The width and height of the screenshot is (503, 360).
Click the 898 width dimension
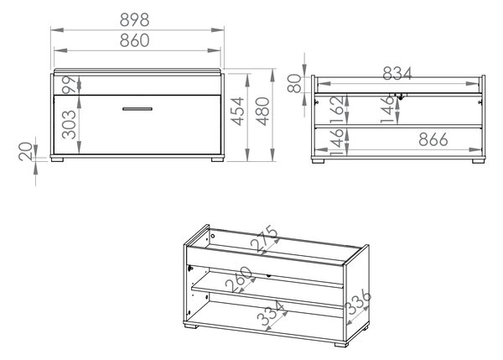click(x=134, y=20)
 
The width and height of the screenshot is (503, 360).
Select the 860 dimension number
click(x=134, y=40)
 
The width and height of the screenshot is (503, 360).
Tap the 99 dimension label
click(x=70, y=85)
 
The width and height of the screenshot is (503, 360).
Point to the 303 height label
click(x=69, y=124)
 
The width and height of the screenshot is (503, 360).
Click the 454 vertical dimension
click(x=238, y=111)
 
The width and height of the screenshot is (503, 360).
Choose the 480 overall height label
click(x=262, y=111)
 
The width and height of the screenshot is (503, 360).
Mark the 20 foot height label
click(x=26, y=152)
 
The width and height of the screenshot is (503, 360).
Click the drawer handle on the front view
click(x=137, y=109)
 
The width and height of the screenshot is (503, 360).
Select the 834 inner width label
click(x=397, y=74)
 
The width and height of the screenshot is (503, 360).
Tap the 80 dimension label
click(x=294, y=84)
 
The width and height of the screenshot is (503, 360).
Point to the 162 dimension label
click(x=336, y=110)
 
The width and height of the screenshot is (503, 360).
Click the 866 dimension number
click(x=433, y=139)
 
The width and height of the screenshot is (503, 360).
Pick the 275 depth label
click(x=264, y=238)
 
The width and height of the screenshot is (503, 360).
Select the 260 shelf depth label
click(x=239, y=279)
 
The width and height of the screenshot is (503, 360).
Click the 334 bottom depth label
click(x=271, y=313)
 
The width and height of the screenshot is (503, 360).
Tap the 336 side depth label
click(x=359, y=301)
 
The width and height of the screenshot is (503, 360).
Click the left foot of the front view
click(x=57, y=159)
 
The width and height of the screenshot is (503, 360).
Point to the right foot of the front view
click(x=217, y=159)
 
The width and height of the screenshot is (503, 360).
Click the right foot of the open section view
click(x=479, y=161)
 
